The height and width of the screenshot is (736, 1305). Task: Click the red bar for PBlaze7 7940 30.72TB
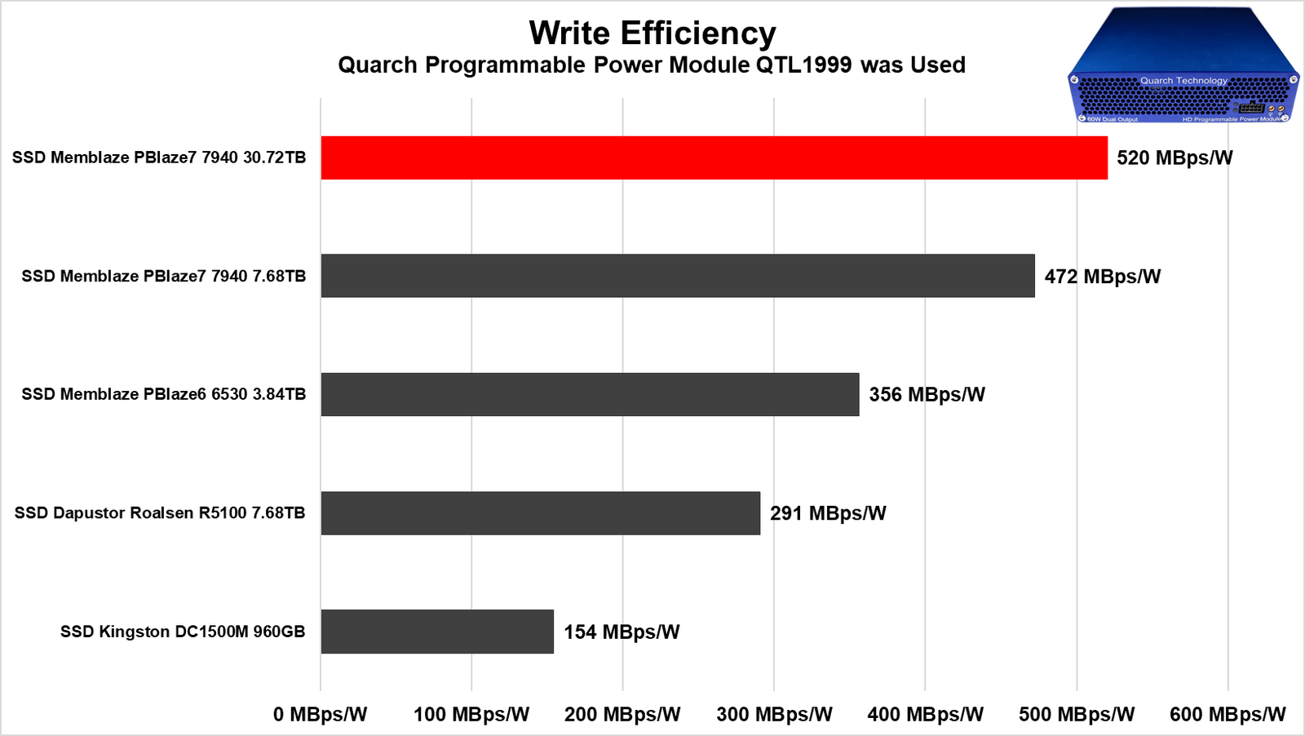coord(714,157)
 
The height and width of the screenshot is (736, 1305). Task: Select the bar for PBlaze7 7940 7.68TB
coord(677,276)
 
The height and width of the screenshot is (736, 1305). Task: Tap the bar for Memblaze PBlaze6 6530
coord(589,394)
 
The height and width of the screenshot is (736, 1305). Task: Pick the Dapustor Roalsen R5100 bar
coord(540,513)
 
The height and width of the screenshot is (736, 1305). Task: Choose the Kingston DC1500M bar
coord(436,632)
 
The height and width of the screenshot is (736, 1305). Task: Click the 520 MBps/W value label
coord(1174,157)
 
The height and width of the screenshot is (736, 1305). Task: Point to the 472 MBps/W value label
coord(1102,277)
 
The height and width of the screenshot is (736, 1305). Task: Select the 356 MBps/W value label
coord(927,395)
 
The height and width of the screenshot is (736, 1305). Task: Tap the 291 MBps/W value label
coord(828,513)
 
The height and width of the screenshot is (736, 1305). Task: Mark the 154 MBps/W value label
coord(622,632)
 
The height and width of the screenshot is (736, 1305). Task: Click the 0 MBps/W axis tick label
coord(320,715)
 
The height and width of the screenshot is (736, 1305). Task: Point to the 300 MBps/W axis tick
coord(774,715)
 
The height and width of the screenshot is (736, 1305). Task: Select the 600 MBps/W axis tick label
coord(1228,715)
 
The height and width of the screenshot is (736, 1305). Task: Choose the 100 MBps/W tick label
coord(471,715)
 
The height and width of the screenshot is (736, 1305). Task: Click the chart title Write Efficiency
coord(652,33)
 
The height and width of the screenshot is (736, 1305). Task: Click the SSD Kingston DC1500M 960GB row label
coord(183,632)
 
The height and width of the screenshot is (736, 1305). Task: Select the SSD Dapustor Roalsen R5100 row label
coord(160,513)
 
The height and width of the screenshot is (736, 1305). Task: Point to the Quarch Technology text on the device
coord(1183,81)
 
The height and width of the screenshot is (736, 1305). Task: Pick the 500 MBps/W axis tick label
coord(1077,715)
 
